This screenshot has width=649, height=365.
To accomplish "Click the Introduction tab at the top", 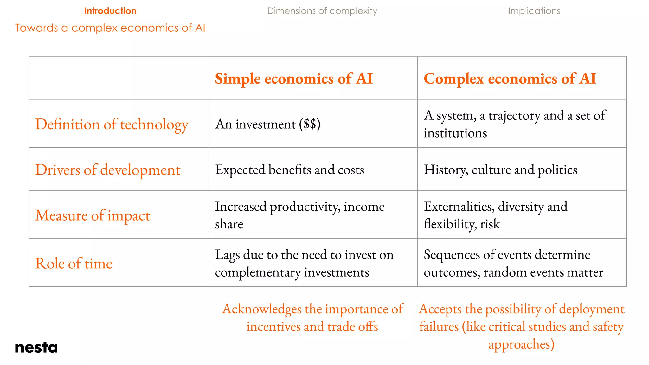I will pos(110,11).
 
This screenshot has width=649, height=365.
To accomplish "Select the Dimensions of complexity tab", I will pos(322,11).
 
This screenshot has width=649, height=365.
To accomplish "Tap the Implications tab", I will pos(534,11).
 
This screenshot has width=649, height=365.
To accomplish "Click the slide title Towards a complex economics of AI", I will pos(110,28).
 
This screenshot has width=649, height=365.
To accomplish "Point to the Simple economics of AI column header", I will pos(294,79).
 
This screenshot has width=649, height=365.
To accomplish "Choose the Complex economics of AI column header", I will pos(510,79).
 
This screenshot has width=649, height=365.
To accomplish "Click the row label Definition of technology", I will pos(112,124).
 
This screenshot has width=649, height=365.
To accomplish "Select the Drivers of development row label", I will pos(108,170).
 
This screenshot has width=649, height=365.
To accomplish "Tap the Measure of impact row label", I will pos(93,215).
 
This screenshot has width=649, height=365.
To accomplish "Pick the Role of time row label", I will pos(74,263).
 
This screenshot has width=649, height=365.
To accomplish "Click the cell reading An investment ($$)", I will pos(268,124).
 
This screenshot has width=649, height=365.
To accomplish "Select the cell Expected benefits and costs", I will pos(290,170).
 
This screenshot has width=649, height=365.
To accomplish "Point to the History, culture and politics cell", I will pos(500,170).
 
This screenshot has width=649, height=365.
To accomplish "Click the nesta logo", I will pos(36,348).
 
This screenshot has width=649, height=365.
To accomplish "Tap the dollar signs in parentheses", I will pos(310,124).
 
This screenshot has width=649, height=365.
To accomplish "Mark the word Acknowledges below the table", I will pos(261,309).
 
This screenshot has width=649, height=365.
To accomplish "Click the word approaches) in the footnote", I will pos(521,344).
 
